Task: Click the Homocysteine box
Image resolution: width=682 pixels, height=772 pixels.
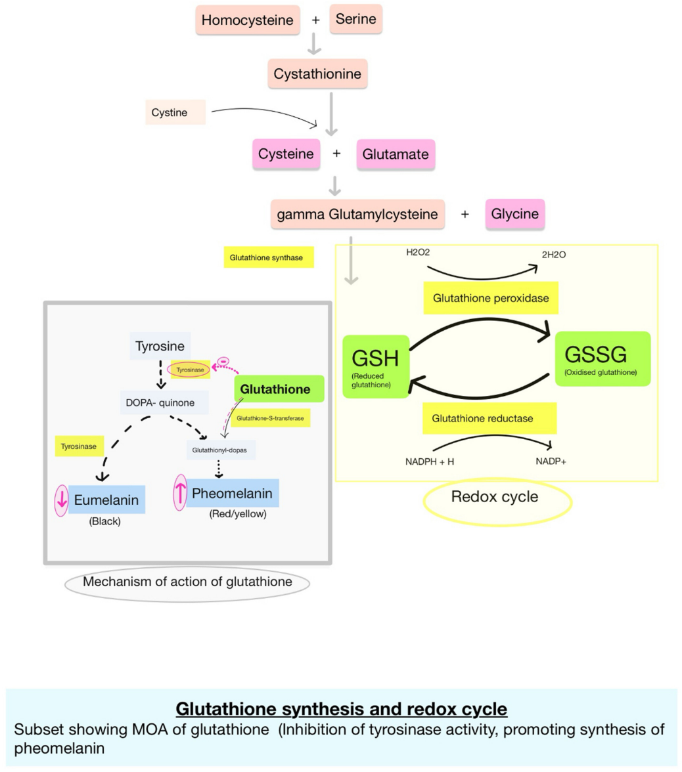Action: click(248, 20)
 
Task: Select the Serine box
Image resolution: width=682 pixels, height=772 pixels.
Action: click(355, 19)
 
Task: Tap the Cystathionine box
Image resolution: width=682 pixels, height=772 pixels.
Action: click(317, 74)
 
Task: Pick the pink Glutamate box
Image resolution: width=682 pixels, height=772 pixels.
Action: click(396, 155)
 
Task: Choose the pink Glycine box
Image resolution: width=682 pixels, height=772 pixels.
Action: click(515, 214)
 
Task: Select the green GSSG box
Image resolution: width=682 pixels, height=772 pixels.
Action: click(602, 358)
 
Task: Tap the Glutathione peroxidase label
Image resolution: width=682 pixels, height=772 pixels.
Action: click(491, 298)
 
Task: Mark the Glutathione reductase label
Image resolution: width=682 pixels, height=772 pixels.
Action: click(483, 418)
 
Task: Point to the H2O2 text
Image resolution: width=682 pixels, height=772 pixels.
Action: click(418, 252)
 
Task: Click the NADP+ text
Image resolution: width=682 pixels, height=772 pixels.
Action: click(551, 461)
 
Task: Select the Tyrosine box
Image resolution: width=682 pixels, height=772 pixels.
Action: click(160, 346)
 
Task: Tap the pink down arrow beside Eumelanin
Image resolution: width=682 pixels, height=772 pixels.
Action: click(61, 500)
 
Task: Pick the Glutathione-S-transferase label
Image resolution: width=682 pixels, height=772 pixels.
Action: click(270, 418)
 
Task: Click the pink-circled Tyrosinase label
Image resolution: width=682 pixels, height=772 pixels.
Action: click(191, 370)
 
